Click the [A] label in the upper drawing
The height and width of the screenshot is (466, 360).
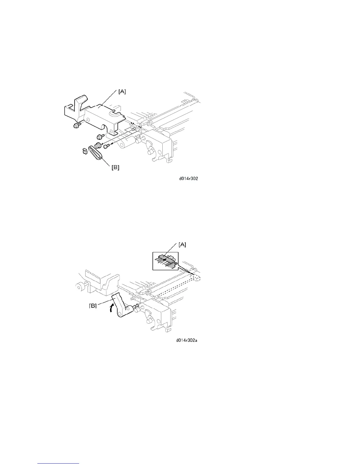[122, 92]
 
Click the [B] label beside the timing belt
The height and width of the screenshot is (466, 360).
[115, 168]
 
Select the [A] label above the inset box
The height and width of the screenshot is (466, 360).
[182, 244]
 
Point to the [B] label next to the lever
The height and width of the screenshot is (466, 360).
[93, 306]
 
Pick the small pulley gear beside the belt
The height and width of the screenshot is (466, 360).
[98, 145]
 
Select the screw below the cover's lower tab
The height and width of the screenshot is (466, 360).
[99, 136]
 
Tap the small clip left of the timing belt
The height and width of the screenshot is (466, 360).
[84, 151]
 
